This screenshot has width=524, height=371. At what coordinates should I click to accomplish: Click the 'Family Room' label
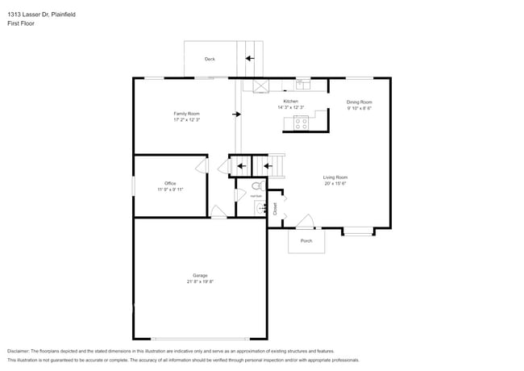coord(186,114)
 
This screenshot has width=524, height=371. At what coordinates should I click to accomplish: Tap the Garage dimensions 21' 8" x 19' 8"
coord(200,281)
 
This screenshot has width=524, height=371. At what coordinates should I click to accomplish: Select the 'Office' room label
coord(170,183)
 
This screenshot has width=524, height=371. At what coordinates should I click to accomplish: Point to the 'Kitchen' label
coord(290,102)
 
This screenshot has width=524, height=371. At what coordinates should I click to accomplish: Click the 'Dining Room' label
coord(359,102)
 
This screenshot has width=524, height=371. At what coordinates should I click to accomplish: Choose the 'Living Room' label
coord(335,177)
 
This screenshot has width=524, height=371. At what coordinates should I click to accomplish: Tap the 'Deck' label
coord(210,59)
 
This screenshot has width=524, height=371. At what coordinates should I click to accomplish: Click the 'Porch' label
coord(306,240)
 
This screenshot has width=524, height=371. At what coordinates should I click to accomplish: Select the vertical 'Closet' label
coord(275,209)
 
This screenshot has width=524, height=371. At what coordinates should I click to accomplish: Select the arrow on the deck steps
coord(250,58)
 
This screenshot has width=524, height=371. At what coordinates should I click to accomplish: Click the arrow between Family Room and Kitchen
coord(235,115)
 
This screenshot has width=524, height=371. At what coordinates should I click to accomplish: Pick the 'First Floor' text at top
coord(23,24)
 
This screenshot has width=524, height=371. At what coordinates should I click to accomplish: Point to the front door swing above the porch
coord(304,221)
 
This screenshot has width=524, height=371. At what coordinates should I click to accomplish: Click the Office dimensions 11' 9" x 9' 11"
coord(170,190)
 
